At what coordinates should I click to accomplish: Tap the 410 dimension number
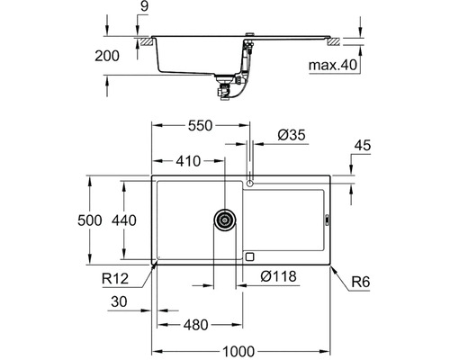187,163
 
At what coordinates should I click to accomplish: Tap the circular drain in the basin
224,219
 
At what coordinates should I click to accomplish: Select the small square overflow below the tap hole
249,256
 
